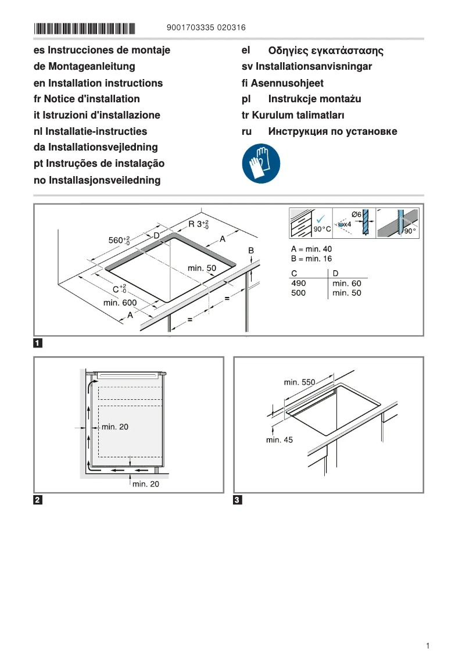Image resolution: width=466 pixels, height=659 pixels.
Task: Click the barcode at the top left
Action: click(x=84, y=28)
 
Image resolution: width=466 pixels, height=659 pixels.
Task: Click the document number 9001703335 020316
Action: click(x=206, y=27)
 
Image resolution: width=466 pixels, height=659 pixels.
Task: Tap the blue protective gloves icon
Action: click(x=261, y=164)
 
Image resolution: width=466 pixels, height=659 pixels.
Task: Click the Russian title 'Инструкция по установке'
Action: click(x=332, y=131)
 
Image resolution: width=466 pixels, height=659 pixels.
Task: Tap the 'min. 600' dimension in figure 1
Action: click(x=120, y=303)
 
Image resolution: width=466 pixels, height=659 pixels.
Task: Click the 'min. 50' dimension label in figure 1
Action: click(x=202, y=268)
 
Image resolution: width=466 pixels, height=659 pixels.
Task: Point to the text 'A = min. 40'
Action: click(x=311, y=249)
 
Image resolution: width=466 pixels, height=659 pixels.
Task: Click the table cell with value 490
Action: click(x=298, y=283)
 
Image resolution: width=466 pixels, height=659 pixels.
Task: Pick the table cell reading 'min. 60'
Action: click(x=346, y=283)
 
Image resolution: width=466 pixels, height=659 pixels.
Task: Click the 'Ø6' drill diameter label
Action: click(x=357, y=214)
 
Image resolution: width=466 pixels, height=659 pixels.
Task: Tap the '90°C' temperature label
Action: click(x=322, y=230)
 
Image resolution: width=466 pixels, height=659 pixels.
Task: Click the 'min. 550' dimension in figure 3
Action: click(x=299, y=382)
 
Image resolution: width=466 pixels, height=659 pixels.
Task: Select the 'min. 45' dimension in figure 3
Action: click(x=279, y=440)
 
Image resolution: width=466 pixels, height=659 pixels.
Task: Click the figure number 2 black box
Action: click(x=38, y=500)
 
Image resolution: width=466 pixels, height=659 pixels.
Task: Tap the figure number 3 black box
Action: click(x=238, y=500)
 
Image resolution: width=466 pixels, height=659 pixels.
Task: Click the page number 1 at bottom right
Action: click(x=428, y=646)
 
